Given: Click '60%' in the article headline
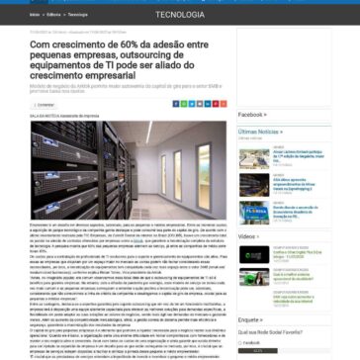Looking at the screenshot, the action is click(x=118, y=46).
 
